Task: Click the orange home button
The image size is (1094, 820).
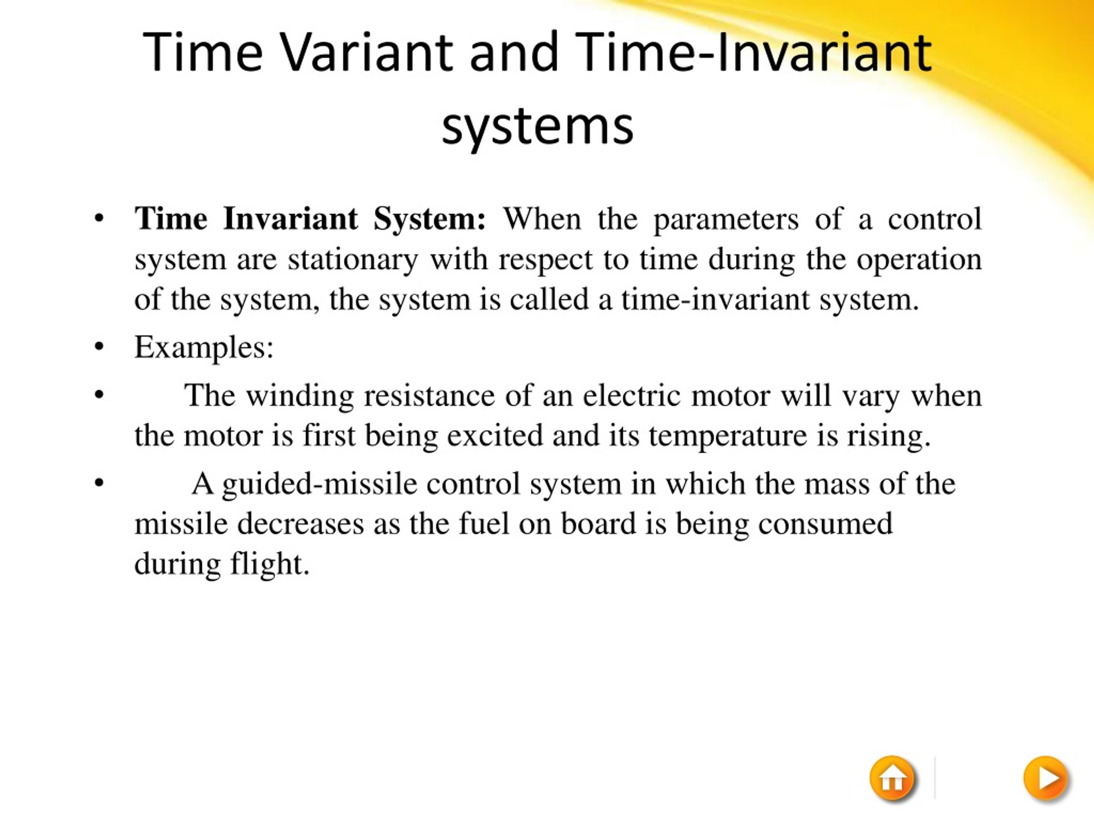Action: [x=892, y=778]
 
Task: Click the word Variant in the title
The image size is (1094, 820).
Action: [x=367, y=53]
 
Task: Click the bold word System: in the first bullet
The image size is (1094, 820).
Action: [x=429, y=219]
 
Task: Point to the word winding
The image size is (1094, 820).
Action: [x=300, y=396]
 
